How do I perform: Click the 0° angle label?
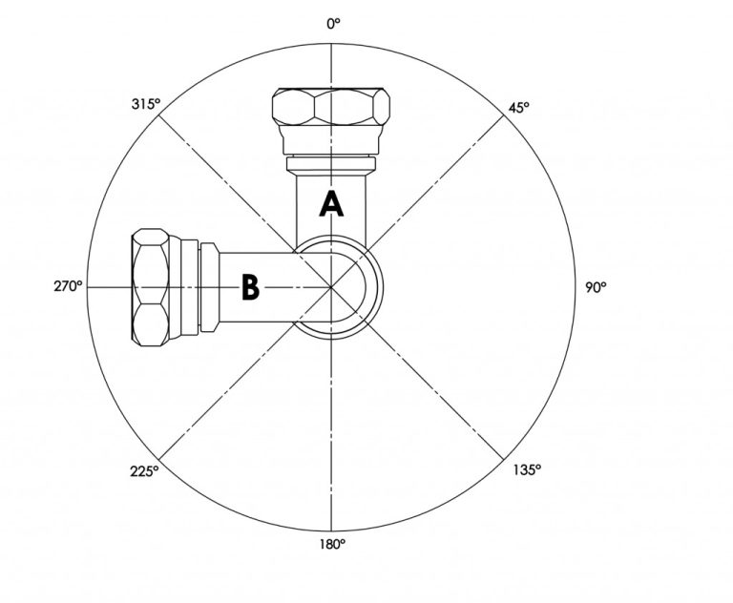332,25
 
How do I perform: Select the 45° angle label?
518,108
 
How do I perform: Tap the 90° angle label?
596,286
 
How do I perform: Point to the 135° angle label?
527,468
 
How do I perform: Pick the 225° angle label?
144,470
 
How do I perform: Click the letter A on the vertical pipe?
330,204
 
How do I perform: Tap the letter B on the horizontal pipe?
249,287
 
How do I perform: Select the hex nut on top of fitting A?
330,106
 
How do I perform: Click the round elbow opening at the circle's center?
339,287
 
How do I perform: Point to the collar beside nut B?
195,286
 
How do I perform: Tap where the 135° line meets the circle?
503,458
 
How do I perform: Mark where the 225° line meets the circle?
159,458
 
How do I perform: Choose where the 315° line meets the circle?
159,114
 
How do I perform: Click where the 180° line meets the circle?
331,530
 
